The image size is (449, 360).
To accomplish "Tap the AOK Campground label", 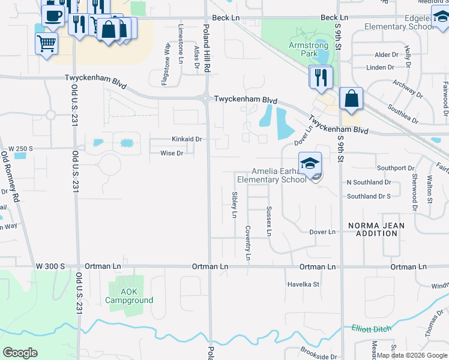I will (129, 296).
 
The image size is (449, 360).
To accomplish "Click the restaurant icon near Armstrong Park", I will (321, 77).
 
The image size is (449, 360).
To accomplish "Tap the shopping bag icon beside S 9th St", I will (351, 98).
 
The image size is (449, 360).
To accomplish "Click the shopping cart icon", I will (46, 43).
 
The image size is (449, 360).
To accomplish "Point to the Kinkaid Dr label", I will (187, 139).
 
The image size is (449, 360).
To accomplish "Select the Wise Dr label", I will (172, 154).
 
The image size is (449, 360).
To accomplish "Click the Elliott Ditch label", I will (372, 328).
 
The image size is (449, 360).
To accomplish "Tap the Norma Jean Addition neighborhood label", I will (376, 229).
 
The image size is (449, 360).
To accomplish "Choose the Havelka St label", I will (303, 284).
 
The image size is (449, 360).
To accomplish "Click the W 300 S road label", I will (50, 266).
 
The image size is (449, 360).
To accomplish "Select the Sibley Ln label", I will (234, 205).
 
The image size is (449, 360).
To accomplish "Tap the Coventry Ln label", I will (247, 242).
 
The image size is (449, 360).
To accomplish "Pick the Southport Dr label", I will (396, 168).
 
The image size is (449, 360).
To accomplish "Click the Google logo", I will (20, 352).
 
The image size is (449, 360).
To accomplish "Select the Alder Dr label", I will (386, 55).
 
